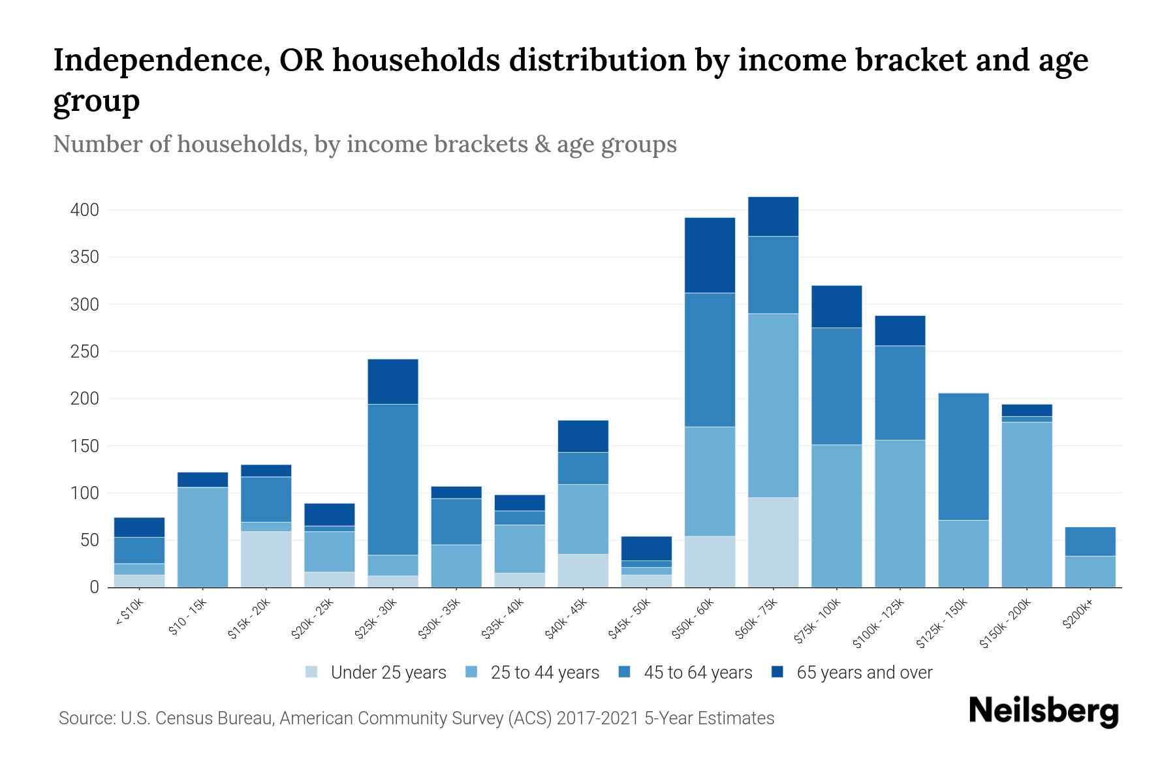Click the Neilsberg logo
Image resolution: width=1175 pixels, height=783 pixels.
(1043, 711)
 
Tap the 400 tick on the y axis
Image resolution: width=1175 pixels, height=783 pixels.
(85, 210)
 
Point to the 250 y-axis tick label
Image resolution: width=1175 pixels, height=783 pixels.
(85, 352)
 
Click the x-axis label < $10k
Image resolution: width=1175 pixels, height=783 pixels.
(129, 613)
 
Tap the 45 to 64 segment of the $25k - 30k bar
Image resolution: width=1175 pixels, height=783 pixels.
(393, 480)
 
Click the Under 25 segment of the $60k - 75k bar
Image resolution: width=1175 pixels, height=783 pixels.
(773, 542)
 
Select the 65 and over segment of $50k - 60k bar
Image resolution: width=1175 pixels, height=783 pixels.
(710, 255)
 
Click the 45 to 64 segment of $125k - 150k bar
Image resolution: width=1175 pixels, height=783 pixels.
(963, 457)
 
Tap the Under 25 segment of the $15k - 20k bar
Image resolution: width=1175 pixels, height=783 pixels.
(266, 559)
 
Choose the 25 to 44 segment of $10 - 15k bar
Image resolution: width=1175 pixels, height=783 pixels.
(202, 537)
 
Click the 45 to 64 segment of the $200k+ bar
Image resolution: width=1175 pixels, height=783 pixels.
(1090, 542)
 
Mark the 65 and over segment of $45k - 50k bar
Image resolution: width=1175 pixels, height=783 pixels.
(646, 548)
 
